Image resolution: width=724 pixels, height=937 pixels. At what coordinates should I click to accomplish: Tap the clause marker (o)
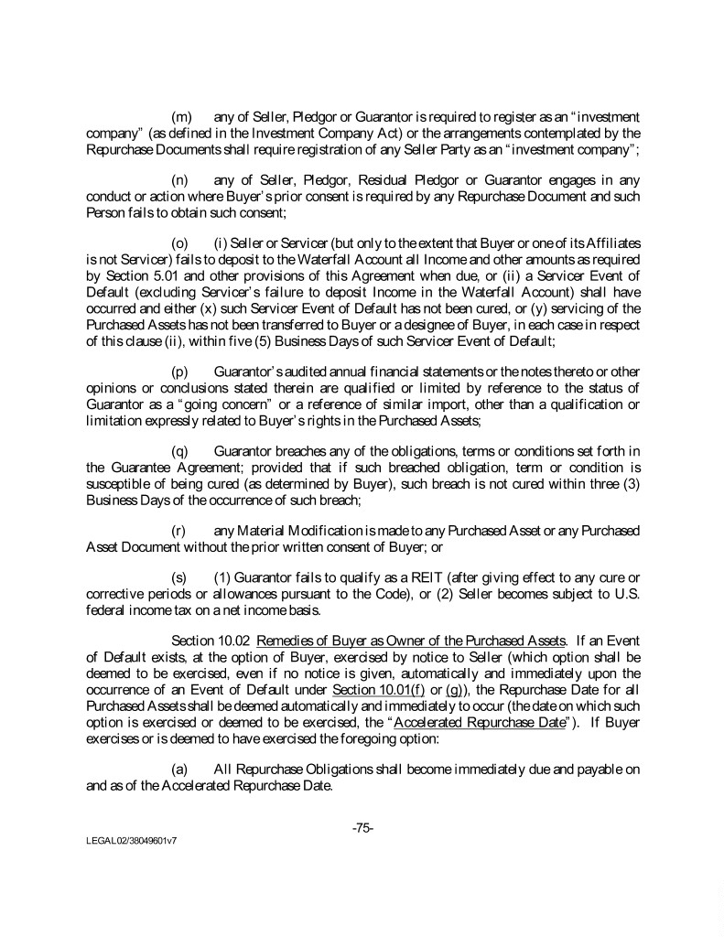pyautogui.click(x=181, y=244)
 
